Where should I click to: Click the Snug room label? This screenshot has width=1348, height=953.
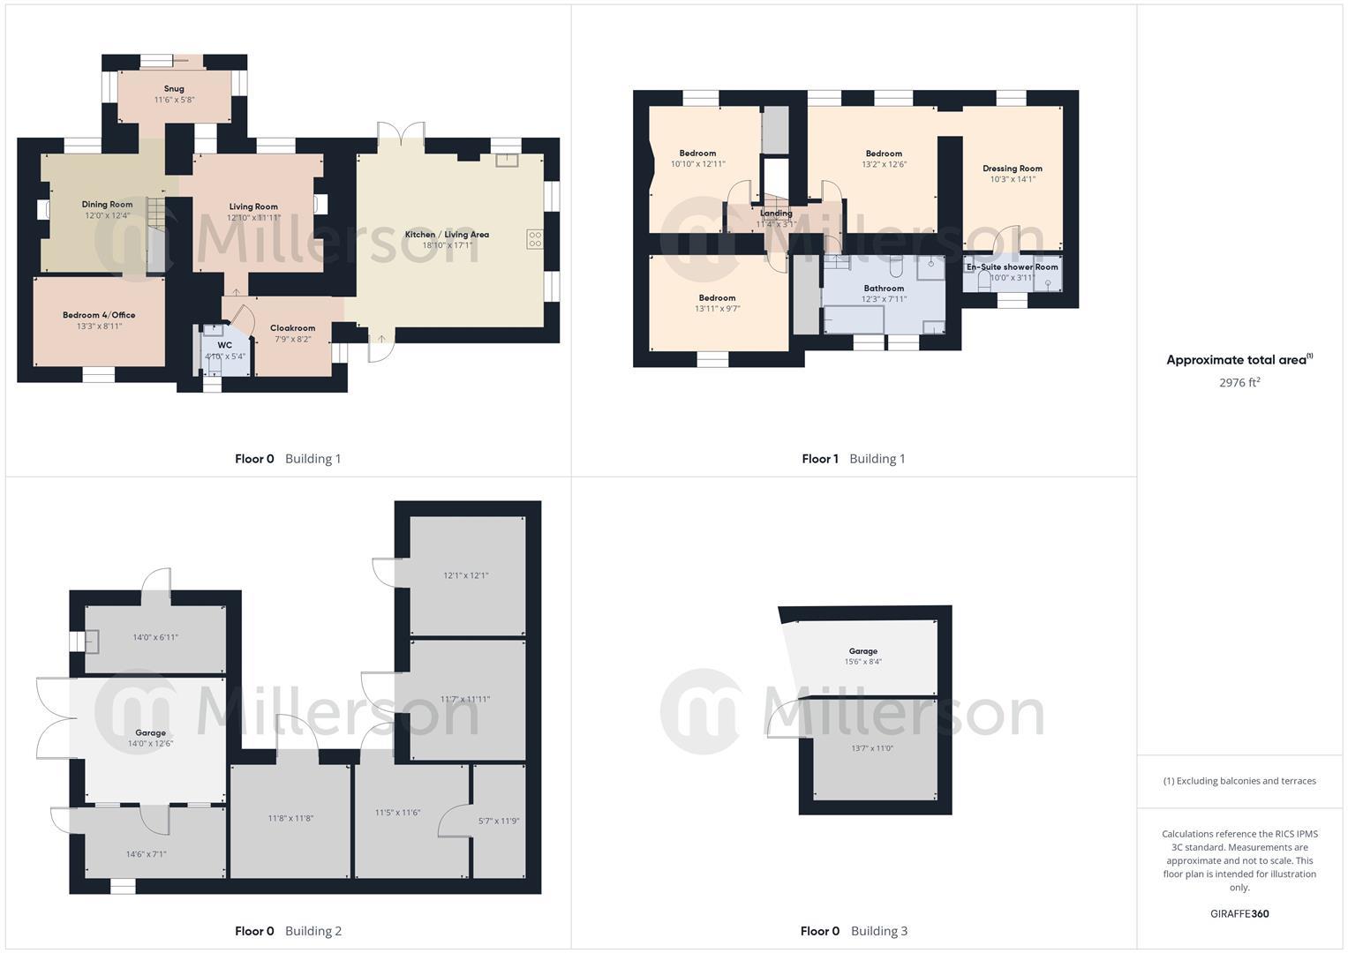click(174, 88)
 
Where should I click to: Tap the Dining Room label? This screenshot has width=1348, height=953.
click(107, 205)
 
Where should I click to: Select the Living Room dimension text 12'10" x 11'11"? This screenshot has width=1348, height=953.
click(253, 218)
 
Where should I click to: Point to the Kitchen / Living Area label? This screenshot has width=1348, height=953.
click(447, 234)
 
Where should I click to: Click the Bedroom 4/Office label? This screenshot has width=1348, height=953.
click(99, 315)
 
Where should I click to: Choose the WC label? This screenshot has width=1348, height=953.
click(225, 345)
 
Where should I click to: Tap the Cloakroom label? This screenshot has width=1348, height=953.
click(292, 328)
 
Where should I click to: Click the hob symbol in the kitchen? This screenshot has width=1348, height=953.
click(535, 238)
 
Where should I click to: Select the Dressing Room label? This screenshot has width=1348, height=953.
click(1013, 169)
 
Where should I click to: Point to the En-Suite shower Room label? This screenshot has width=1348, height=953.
click(1012, 266)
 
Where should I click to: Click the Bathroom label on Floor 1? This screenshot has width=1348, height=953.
click(884, 289)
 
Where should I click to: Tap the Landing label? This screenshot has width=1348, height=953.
click(776, 214)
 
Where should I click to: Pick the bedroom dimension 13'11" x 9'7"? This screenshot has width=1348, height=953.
click(717, 309)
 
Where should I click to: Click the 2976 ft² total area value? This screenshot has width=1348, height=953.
click(1239, 383)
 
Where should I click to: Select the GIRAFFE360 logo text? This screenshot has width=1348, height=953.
click(1239, 914)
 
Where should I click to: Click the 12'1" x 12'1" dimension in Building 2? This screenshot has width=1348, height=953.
click(465, 575)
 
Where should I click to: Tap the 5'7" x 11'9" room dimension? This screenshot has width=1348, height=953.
click(499, 821)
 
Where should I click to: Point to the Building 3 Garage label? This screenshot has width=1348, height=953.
click(862, 651)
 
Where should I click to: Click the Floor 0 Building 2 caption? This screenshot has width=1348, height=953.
click(288, 931)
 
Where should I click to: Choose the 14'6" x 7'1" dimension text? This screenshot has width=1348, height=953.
click(146, 854)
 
